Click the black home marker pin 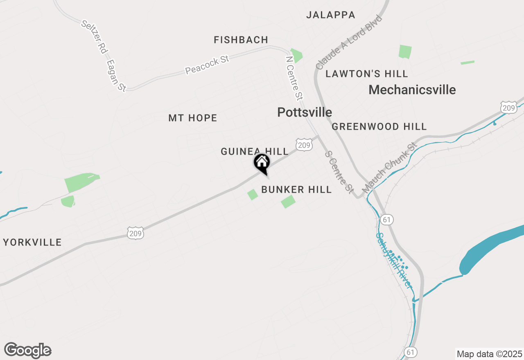pos(262,163)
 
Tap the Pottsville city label pos(305,112)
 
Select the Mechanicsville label pos(412,90)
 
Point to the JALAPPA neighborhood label pos(331,15)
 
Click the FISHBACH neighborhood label pos(241,40)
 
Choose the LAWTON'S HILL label pos(367,74)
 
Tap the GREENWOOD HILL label pos(379,127)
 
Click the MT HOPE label pos(193,118)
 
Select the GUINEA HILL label pos(255,152)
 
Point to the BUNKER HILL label pos(296,190)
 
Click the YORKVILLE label pos(32,242)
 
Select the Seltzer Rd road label pos(95,37)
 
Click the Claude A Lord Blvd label pos(349,43)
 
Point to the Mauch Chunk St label pos(389,168)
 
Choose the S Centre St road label pos(339,171)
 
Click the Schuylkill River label pos(393,260)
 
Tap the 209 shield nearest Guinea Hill pos(303,144)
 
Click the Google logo pos(28,350)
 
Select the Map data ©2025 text pos(489,354)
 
